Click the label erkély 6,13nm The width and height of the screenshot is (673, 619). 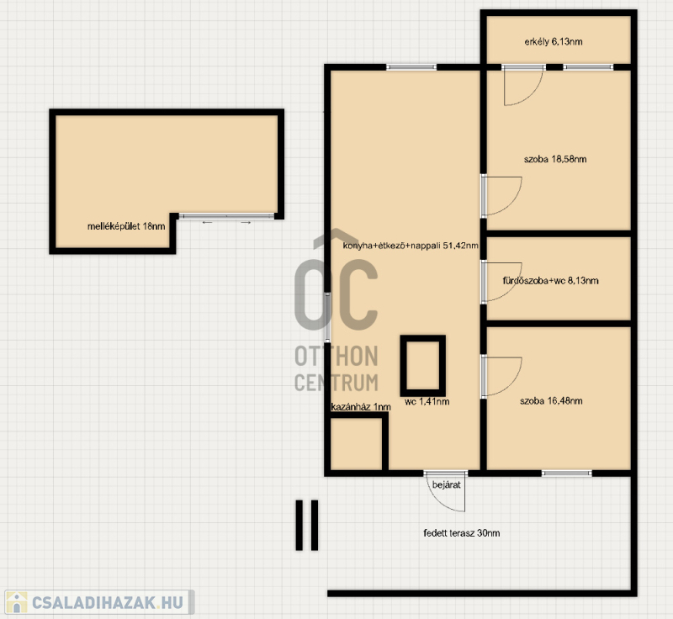coord(554,41)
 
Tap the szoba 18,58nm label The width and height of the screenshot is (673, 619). coord(555,159)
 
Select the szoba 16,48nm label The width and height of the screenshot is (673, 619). coord(551,401)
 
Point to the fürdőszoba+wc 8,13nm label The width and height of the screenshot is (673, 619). coord(550,281)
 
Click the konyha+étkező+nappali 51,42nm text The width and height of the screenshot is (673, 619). coord(411,246)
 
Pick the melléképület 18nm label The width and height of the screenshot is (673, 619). coord(126,226)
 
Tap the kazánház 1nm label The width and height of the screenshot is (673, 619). coord(361,407)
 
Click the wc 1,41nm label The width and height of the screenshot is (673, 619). coord(427,401)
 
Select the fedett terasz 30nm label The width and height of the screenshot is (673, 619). coord(461,533)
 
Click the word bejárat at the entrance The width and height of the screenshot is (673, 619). coord(447,484)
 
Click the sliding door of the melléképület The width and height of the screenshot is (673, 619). coord(226,216)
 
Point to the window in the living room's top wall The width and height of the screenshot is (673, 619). coord(411,67)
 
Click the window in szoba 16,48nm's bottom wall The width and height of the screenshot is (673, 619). coord(566,474)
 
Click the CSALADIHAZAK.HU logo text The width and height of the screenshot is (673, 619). coord(108,602)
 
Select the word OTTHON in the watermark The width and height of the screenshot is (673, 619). coord(336,357)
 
